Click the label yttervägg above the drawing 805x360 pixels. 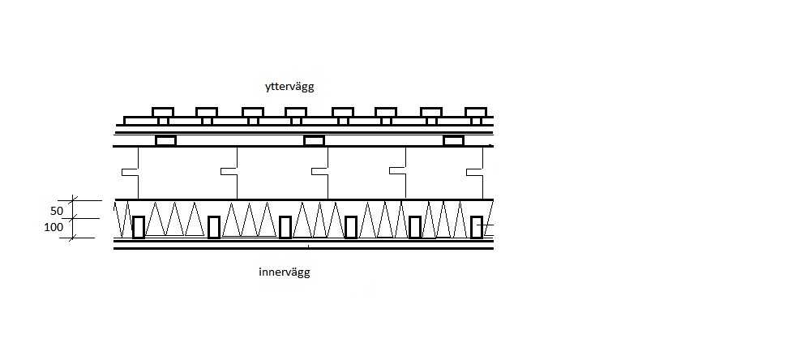point(289,87)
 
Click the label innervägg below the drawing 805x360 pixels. point(284,272)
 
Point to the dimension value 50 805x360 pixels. point(57,211)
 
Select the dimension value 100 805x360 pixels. point(54,227)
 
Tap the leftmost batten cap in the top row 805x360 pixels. point(163,112)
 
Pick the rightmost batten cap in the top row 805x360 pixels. point(475,112)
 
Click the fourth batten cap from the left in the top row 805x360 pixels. point(296,112)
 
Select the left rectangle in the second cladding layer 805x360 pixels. point(166,141)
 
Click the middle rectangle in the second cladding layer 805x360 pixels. point(315,141)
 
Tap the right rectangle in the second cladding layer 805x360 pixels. point(454,141)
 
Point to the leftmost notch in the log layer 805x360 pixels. point(130,172)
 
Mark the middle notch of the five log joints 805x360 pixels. point(320,171)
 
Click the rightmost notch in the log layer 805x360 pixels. point(475,172)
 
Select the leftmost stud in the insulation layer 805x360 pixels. point(138,227)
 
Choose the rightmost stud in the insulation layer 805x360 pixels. point(477,227)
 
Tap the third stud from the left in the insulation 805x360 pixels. point(285,227)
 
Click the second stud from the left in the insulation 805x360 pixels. point(213,227)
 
